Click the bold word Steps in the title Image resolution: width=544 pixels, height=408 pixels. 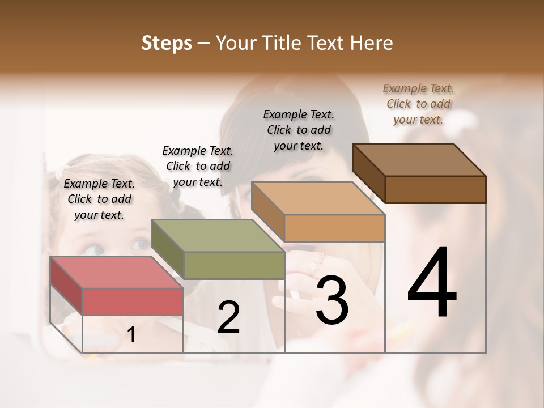click(167, 43)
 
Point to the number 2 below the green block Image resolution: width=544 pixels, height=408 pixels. click(228, 317)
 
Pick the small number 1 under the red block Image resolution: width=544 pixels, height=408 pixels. click(131, 334)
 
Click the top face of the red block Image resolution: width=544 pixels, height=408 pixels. click(116, 272)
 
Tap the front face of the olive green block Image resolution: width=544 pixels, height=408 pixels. click(234, 265)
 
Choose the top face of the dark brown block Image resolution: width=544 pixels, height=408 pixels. click(418, 160)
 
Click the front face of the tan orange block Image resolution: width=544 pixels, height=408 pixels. click(334, 228)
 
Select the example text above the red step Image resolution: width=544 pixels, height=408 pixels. click(99, 199)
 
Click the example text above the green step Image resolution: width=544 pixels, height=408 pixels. click(198, 166)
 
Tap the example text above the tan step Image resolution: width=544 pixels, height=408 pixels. click(299, 130)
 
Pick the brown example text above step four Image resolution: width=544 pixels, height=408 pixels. click(418, 104)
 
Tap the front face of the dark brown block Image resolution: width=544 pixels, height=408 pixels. click(435, 189)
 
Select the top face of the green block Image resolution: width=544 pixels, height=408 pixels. click(217, 235)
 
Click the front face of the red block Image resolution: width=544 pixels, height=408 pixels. click(133, 301)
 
